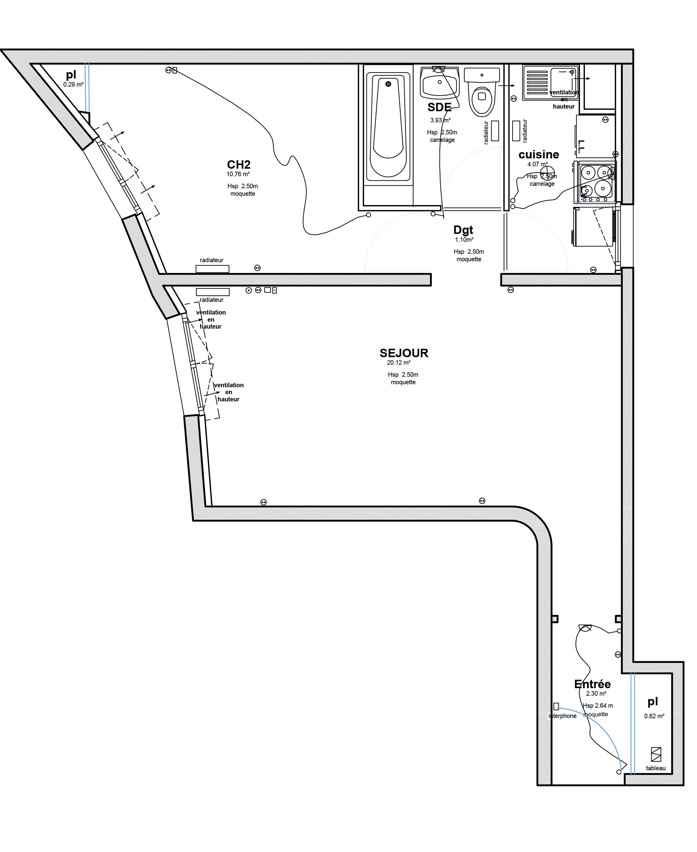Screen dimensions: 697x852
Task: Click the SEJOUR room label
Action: point(404,353)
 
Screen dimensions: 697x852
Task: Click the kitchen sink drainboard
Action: point(537,83)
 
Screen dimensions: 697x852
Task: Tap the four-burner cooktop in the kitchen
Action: point(596,182)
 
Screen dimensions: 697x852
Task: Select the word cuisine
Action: point(539,155)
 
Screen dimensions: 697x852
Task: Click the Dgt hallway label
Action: point(463,230)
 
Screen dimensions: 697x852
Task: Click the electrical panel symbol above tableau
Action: point(656,754)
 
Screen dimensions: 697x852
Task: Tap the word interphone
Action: point(562,716)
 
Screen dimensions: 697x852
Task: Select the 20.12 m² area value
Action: point(399,363)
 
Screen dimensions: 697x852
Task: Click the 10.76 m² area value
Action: point(238,174)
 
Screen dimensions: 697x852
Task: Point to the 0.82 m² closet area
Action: point(654,716)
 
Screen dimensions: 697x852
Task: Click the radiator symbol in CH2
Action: point(212,269)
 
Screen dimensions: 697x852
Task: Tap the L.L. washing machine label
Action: point(581,147)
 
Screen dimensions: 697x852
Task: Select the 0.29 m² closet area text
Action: point(73,85)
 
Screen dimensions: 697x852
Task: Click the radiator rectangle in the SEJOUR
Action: point(212,292)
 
